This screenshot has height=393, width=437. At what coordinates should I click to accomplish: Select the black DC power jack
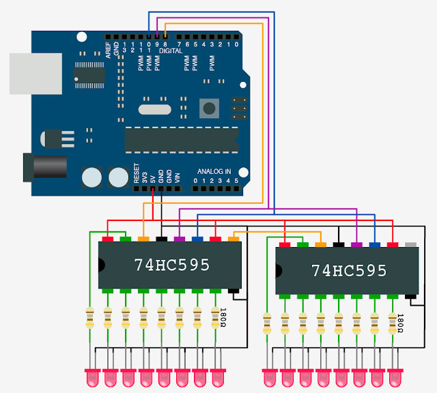[44, 167]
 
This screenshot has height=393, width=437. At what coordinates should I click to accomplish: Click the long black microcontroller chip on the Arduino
[181, 139]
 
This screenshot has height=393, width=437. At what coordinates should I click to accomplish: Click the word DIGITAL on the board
[170, 51]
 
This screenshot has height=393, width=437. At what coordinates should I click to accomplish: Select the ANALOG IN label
[214, 171]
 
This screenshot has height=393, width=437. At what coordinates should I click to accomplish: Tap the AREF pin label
[108, 50]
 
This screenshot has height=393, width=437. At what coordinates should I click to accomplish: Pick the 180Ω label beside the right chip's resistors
[400, 322]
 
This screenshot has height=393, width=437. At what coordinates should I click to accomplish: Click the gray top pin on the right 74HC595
[410, 244]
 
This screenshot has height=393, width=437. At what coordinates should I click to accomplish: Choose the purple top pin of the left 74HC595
[180, 239]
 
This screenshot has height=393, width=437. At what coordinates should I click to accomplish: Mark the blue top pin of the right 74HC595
[374, 244]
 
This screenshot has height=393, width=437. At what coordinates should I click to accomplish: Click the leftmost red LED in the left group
[91, 377]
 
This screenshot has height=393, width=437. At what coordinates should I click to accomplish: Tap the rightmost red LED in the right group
[395, 377]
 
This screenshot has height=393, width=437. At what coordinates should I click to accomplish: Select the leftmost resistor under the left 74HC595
[89, 318]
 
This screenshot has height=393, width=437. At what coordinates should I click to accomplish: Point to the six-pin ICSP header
[238, 108]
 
